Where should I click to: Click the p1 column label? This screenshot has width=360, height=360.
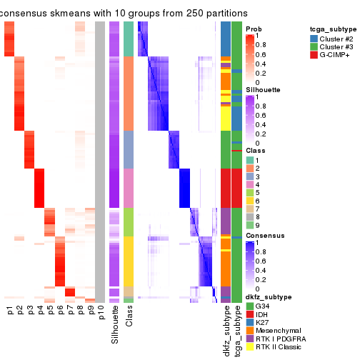(x=9, y=311)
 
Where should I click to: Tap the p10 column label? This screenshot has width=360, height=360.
(x=101, y=314)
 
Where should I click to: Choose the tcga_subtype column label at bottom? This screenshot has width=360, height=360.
(x=236, y=331)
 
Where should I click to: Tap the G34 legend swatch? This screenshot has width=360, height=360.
(x=249, y=307)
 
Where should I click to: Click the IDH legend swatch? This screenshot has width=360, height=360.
(x=249, y=316)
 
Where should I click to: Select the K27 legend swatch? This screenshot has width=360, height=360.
(x=249, y=324)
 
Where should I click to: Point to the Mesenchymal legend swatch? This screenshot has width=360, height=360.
(x=249, y=333)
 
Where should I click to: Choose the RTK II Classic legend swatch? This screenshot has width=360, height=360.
(x=249, y=350)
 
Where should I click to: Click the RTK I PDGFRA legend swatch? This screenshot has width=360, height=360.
(x=249, y=341)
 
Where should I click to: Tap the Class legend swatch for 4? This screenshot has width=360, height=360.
(x=249, y=184)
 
